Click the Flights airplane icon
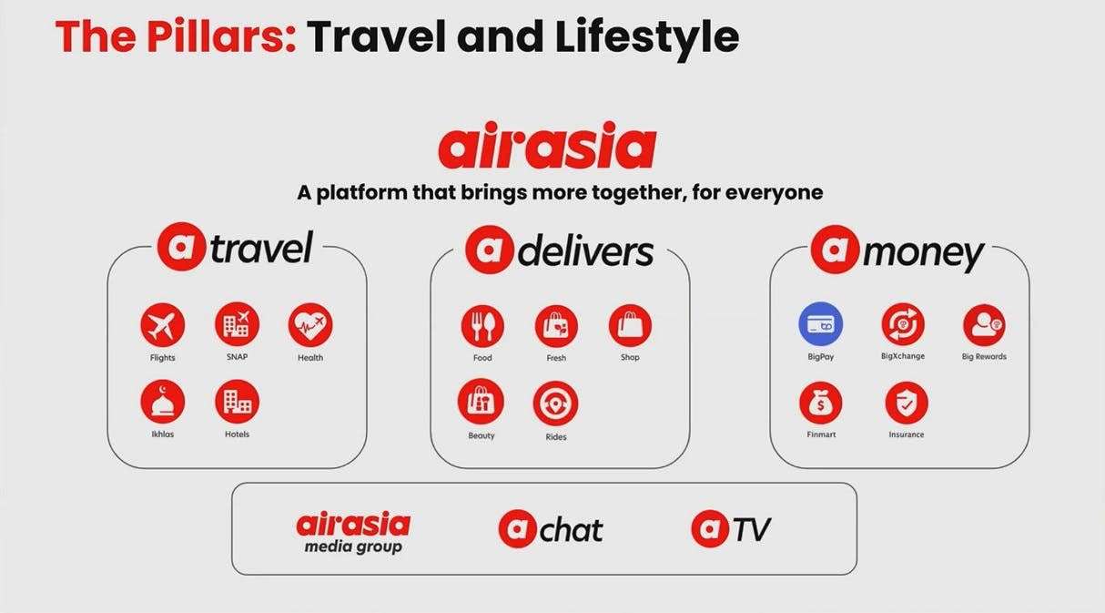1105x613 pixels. coord(162,325)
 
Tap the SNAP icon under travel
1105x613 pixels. coord(237,324)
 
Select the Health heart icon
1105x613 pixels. coord(310,325)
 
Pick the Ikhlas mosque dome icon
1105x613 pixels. coord(162,402)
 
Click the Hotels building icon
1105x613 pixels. coord(237,402)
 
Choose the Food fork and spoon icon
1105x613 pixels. coord(482,326)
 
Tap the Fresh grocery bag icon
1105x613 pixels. coord(556,326)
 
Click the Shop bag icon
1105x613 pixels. coord(630,326)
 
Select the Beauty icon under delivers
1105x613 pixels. coord(481,402)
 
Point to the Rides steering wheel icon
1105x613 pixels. coord(555,404)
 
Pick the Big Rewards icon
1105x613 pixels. coord(984,325)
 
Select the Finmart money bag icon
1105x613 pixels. coord(821,404)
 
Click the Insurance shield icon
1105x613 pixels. coord(907,404)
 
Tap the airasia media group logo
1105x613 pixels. coord(353,533)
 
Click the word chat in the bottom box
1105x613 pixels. coord(572,530)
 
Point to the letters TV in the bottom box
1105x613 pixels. coord(752,530)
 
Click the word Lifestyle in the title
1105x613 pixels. coord(647,38)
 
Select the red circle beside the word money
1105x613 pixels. coord(835,250)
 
